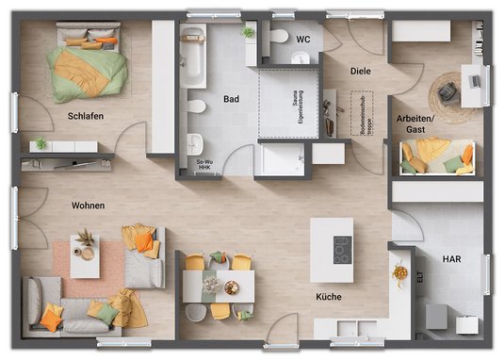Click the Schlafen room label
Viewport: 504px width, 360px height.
(85, 116)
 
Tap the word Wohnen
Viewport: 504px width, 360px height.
(88, 205)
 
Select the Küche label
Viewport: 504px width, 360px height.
(329, 297)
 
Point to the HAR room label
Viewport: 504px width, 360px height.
(452, 258)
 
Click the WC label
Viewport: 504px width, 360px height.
(302, 40)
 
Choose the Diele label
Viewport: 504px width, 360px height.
(360, 71)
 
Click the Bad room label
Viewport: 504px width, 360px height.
(231, 98)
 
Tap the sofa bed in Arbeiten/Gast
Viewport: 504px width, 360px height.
(436, 155)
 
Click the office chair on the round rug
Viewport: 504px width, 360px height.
(447, 91)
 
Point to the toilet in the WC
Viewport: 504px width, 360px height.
(280, 38)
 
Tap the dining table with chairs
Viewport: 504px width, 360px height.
(219, 283)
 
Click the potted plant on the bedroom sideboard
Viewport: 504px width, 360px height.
(40, 143)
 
